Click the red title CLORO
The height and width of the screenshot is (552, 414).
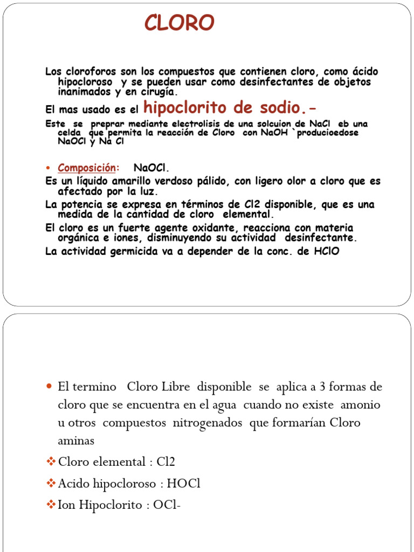pyautogui.click(x=180, y=23)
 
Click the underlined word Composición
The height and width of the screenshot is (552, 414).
pyautogui.click(x=86, y=168)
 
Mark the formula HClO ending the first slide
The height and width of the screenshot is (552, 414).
pyautogui.click(x=327, y=251)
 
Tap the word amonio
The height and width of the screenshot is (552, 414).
pyautogui.click(x=361, y=405)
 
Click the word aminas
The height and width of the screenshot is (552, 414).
pyautogui.click(x=76, y=441)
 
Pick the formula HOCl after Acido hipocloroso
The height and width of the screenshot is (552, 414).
pyautogui.click(x=183, y=484)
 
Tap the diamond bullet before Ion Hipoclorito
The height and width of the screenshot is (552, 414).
pyautogui.click(x=51, y=505)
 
